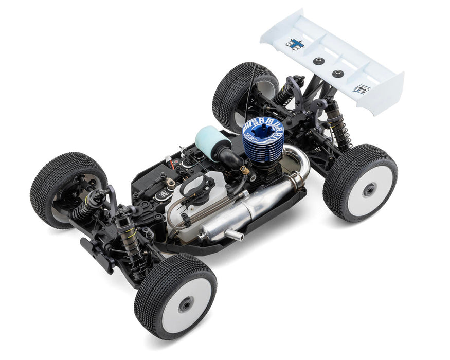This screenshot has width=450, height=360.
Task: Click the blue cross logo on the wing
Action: click(295, 44)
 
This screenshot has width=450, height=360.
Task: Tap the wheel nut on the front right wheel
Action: click(184, 306)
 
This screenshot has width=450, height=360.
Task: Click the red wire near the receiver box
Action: click(168, 159)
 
